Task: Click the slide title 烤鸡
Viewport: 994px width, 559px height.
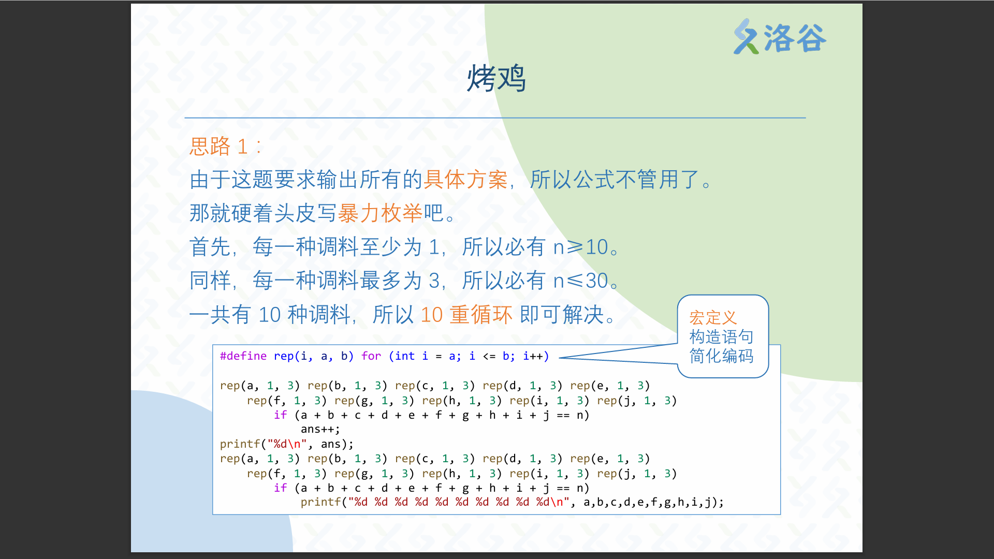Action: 496,79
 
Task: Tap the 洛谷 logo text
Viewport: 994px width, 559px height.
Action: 795,38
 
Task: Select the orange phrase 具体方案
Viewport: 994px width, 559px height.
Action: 465,180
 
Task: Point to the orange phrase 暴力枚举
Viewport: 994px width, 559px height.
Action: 380,213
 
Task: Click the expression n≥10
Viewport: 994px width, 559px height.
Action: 581,247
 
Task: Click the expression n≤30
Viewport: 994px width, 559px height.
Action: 581,281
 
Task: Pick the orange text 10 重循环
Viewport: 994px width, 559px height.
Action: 466,315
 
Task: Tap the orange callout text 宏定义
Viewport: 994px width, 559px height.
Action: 713,317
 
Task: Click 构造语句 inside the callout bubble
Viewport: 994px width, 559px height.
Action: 721,337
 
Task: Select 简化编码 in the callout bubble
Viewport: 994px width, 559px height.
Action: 721,356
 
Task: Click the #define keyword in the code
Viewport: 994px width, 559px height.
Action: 243,356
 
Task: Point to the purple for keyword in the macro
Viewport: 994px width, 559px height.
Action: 371,356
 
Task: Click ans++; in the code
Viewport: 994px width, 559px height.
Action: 320,430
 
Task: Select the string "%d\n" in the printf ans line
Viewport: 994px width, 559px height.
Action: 287,444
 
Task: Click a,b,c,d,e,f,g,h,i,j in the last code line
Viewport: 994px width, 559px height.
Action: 647,502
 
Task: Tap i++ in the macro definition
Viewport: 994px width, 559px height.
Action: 533,356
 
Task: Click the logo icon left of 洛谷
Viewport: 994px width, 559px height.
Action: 746,37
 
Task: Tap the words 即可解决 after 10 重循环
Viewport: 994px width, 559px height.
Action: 562,315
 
